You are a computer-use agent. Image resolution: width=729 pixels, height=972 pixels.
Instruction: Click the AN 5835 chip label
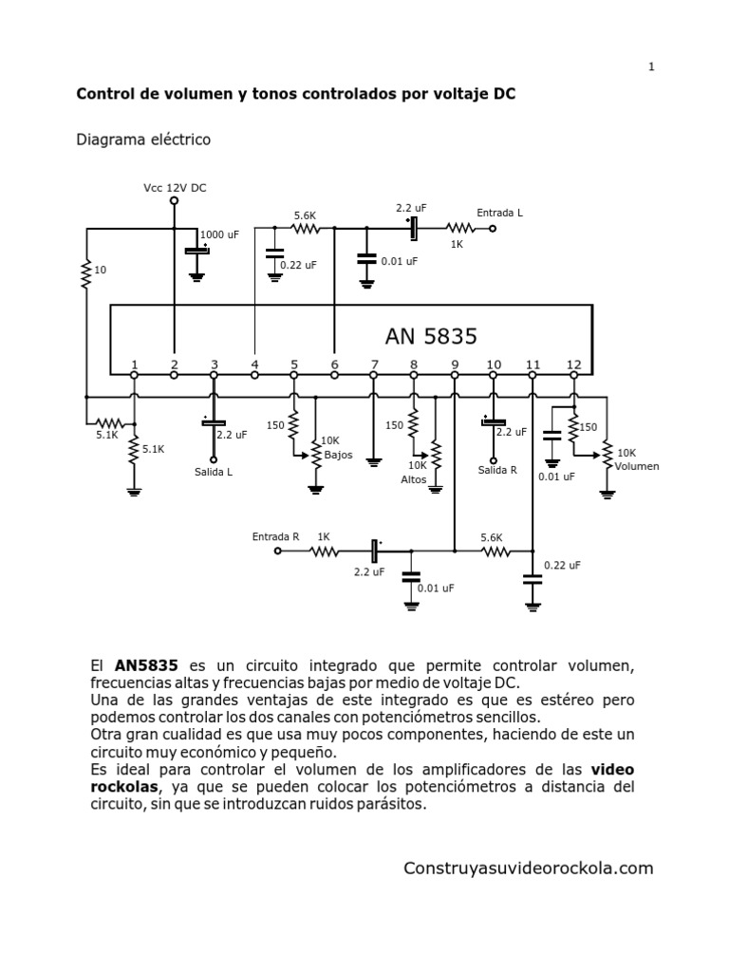pos(431,336)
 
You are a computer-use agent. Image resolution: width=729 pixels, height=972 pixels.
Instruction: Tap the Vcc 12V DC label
pos(175,188)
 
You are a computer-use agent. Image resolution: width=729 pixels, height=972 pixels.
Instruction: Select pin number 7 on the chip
pos(374,364)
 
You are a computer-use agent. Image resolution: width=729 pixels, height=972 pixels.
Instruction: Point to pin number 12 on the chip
pos(573,364)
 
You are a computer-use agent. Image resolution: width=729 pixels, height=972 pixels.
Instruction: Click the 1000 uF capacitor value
pos(219,234)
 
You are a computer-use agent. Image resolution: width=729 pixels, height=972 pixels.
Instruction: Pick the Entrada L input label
pos(499,213)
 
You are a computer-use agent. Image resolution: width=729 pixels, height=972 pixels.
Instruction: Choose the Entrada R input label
pos(275,536)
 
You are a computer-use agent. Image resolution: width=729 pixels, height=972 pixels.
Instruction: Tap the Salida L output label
pos(214,472)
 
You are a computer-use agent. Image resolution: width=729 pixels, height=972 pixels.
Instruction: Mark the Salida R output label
pos(497,470)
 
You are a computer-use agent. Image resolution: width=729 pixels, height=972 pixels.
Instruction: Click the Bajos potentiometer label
pos(338,455)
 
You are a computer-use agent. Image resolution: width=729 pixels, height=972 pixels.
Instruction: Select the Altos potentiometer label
pos(413,479)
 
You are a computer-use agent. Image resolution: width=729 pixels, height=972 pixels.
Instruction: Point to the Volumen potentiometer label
pos(636,466)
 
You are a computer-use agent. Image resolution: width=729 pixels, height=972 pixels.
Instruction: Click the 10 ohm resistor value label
pos(100,271)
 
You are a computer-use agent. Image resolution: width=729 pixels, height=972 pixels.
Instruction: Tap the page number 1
pos(651,66)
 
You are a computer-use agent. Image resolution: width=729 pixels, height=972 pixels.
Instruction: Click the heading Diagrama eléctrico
pos(143,140)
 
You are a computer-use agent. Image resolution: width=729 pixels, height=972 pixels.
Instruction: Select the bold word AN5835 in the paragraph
pos(146,666)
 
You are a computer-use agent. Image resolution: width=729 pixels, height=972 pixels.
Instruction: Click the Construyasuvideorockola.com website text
pos(529,868)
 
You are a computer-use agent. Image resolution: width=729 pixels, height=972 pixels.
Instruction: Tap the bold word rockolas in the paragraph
pos(123,787)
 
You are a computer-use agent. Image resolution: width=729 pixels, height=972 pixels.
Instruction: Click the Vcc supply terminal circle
pos(175,201)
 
